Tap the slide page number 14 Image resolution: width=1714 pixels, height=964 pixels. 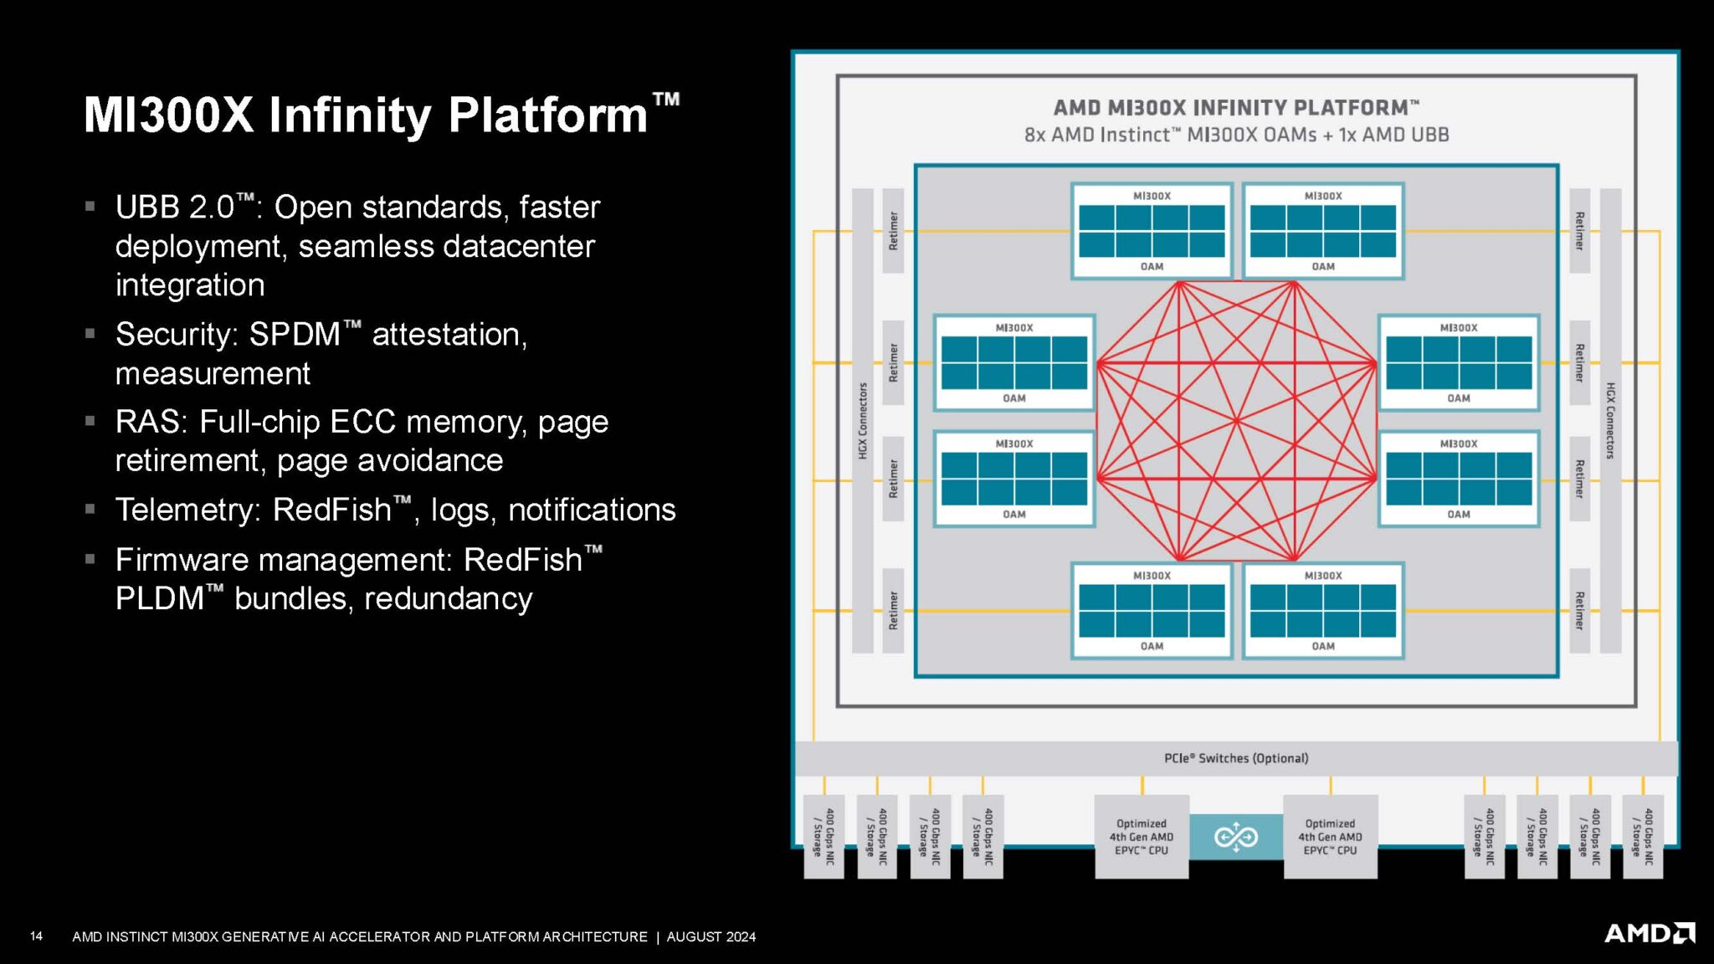pyautogui.click(x=36, y=936)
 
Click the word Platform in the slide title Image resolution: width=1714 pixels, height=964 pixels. pyautogui.click(x=548, y=115)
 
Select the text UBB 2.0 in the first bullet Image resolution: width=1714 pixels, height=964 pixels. pyautogui.click(x=175, y=207)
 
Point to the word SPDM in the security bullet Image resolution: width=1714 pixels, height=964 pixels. pyautogui.click(x=295, y=334)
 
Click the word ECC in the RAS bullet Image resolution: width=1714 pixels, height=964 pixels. pyautogui.click(x=362, y=422)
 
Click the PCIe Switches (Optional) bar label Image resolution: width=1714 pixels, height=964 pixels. pyautogui.click(x=1235, y=758)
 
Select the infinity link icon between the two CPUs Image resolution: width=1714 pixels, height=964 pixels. pyautogui.click(x=1235, y=836)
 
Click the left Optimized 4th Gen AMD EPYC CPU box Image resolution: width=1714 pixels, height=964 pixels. pyautogui.click(x=1142, y=836)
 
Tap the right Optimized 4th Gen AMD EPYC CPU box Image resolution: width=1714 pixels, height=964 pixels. pyautogui.click(x=1330, y=836)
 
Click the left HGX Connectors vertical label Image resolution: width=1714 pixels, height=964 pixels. pyautogui.click(x=863, y=420)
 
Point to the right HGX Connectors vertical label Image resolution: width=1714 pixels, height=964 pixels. pyautogui.click(x=1609, y=420)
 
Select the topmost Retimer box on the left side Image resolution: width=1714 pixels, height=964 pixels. pyautogui.click(x=893, y=231)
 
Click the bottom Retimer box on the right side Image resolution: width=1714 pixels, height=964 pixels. pyautogui.click(x=1579, y=611)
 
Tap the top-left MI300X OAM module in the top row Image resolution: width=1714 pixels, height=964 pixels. pyautogui.click(x=1152, y=231)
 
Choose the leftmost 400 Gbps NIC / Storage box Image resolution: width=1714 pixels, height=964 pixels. pyautogui.click(x=824, y=836)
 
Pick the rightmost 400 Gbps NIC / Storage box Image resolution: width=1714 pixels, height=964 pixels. pyautogui.click(x=1642, y=836)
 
